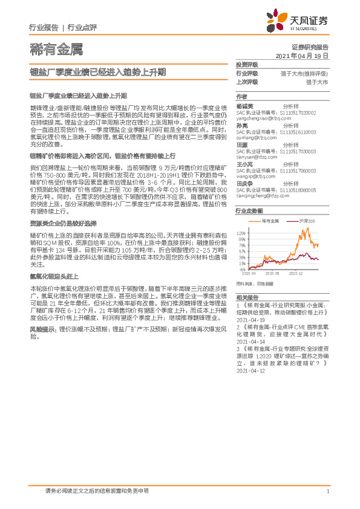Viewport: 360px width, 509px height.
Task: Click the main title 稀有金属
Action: point(56,50)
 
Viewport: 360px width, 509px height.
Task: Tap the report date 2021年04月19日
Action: point(302,55)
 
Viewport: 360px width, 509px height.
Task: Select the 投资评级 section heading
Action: point(247,64)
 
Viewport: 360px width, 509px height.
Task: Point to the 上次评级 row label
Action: point(247,81)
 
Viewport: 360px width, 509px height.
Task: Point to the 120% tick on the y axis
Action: point(241,232)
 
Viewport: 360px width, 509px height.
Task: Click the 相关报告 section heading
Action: point(247,297)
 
